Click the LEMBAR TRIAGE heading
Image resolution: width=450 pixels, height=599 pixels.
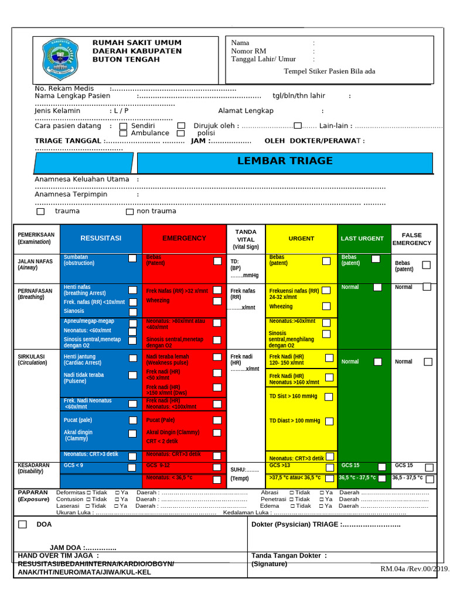tap(285, 161)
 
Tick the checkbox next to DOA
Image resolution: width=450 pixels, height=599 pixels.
tap(22, 524)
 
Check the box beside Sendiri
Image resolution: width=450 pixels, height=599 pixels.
tap(123, 126)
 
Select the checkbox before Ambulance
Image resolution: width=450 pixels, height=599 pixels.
tap(123, 133)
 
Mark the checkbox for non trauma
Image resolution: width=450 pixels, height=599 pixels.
tap(129, 211)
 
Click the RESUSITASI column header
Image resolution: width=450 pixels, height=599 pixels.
tap(101, 238)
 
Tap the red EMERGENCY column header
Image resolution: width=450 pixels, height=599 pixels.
tap(184, 238)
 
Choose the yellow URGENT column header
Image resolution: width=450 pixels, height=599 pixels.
tap(301, 239)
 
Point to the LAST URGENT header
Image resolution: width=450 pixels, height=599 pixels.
tap(362, 239)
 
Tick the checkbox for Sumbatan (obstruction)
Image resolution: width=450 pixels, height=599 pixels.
tap(133, 259)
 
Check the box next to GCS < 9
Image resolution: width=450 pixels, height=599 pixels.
tap(133, 466)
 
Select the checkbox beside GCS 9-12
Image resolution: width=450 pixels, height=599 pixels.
tap(217, 467)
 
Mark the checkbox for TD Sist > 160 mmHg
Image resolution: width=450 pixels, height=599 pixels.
tap(329, 397)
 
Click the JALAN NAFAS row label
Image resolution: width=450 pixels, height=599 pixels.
tap(35, 264)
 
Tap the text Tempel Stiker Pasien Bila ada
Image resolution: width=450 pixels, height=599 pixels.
tap(329, 71)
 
